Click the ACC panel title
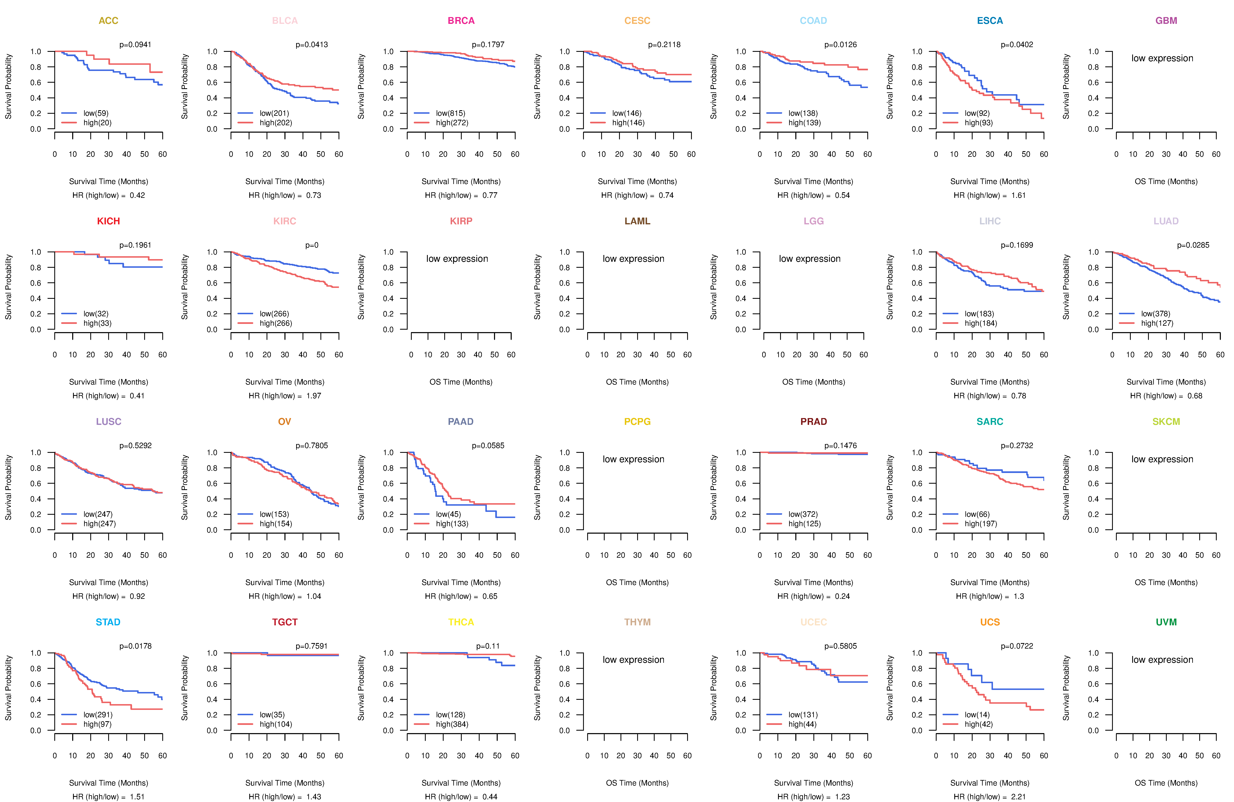click(108, 21)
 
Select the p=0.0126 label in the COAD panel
click(841, 45)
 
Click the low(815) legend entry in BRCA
click(451, 113)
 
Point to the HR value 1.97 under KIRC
click(314, 396)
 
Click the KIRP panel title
click(461, 221)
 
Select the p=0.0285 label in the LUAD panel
click(1193, 245)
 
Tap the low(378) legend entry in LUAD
click(1156, 314)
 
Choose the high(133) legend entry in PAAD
click(452, 524)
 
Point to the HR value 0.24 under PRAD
click(843, 596)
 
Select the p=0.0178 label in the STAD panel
click(135, 646)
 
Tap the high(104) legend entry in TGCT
click(276, 724)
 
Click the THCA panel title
click(461, 622)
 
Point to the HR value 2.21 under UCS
click(1019, 797)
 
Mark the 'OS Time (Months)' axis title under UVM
click(1166, 783)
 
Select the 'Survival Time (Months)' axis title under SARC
click(990, 582)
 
